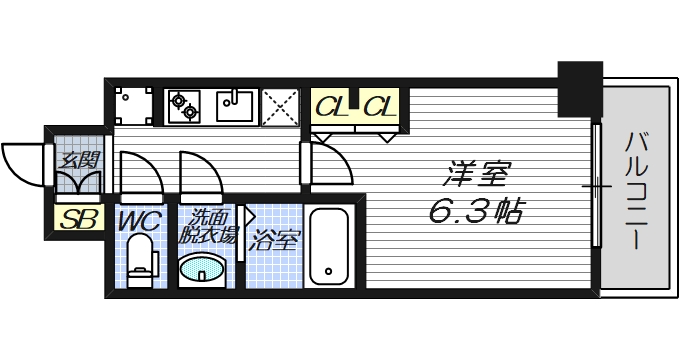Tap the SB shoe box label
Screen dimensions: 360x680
[77, 219]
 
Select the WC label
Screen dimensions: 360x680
[139, 220]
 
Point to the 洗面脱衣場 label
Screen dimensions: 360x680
[209, 227]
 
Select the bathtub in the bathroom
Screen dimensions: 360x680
[327, 246]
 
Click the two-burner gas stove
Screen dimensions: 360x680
[185, 105]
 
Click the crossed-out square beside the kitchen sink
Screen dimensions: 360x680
[279, 106]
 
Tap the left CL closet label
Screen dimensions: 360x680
[332, 105]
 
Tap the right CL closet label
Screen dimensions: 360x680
[380, 105]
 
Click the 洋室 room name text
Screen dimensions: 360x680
[476, 176]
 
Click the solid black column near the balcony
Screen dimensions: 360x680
[579, 87]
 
